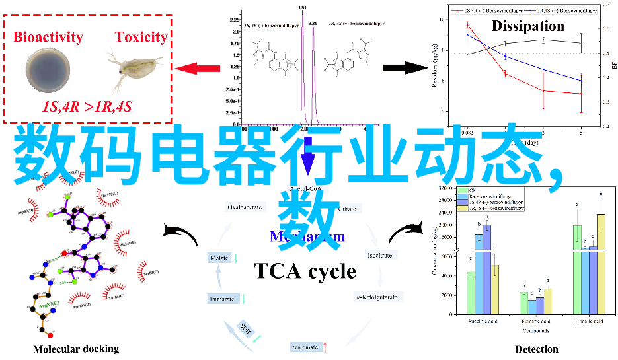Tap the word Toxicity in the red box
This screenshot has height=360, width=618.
(x=141, y=36)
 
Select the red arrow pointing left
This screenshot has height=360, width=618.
(x=198, y=68)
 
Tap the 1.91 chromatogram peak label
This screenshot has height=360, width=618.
(x=302, y=7)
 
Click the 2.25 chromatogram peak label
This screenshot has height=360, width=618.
(x=313, y=23)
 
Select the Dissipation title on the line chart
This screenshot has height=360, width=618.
(x=527, y=26)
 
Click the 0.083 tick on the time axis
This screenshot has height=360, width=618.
(x=467, y=133)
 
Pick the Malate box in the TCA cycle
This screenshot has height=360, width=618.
(x=219, y=258)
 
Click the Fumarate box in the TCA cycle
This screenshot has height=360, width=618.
(x=222, y=299)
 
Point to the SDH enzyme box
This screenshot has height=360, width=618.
(x=246, y=328)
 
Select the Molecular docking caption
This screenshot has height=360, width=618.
(x=76, y=349)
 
